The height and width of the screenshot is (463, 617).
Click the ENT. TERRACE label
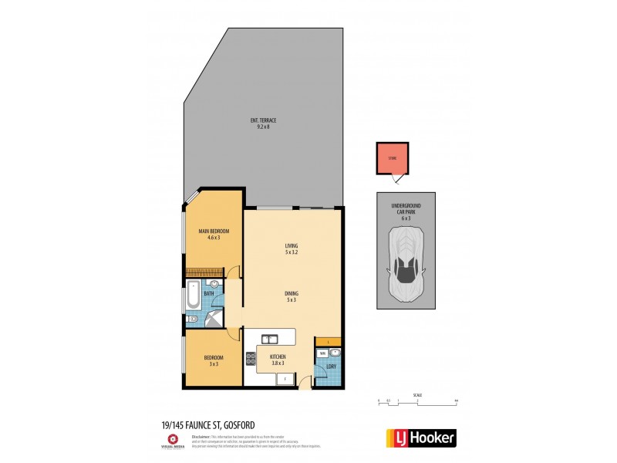[x=263, y=123]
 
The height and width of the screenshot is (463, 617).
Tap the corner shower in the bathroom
[x=211, y=318]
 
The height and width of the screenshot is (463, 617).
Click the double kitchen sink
[x=270, y=338]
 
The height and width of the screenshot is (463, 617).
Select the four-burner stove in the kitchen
[x=251, y=358]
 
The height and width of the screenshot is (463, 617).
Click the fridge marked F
[x=285, y=378]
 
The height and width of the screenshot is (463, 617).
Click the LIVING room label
[x=291, y=249]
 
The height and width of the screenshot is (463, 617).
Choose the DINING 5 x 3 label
[x=291, y=296]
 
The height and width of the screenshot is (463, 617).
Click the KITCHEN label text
[x=278, y=360]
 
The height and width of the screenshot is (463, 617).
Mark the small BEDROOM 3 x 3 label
[x=214, y=360]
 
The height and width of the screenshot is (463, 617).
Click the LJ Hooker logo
[x=420, y=438]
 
